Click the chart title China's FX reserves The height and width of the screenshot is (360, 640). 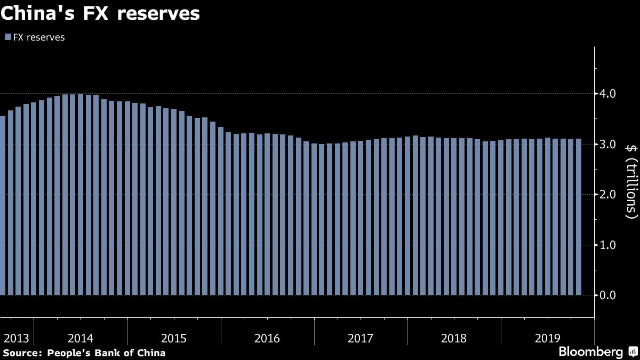coord(100,14)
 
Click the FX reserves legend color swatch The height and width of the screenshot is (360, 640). coord(7,37)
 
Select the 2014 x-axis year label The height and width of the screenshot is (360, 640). coord(81,338)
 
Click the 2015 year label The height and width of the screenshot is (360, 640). coord(174,338)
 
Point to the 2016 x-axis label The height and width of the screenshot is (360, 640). coord(267,338)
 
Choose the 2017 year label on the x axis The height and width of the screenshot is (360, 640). coord(361,338)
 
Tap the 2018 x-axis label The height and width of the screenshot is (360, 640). coord(454,338)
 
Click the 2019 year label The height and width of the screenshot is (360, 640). coord(547,338)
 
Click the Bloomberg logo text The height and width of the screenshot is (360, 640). coord(590,352)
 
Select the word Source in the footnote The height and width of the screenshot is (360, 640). coord(22,353)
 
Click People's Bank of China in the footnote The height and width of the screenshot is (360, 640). coord(106,353)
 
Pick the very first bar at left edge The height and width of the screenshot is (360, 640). coord(2,205)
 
